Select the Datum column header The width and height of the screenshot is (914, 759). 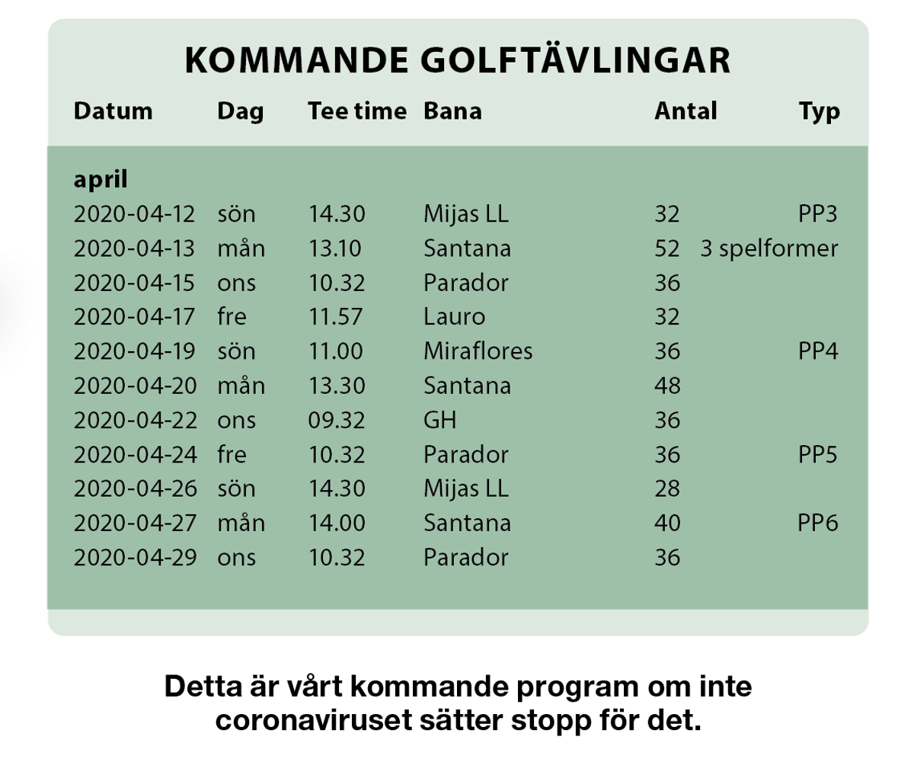coord(113,111)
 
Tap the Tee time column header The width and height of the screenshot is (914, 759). coord(357,111)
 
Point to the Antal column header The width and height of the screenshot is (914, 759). coord(685,111)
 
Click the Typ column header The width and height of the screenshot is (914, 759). coord(819,112)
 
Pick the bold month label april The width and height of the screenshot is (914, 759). coord(101,181)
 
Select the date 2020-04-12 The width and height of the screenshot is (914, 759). coord(135,214)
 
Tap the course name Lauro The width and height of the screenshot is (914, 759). coord(454,317)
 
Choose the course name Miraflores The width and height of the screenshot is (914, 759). coord(478,351)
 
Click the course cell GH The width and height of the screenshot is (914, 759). coord(440,420)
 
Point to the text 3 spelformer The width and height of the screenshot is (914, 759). coord(769,249)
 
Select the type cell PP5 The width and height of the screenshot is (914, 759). coord(818,455)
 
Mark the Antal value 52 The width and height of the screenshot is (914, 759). coord(667,248)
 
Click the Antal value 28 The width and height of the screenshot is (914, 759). coord(667,488)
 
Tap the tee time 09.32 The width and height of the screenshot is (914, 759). coord(337,420)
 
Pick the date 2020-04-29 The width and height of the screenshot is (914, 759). coord(135,557)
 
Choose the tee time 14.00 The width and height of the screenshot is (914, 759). coord(337,524)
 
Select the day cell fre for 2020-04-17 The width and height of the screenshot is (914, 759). coord(232,317)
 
